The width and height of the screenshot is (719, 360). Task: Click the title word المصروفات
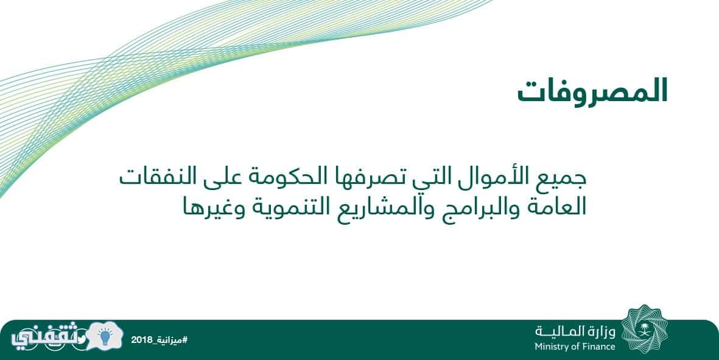pos(592,91)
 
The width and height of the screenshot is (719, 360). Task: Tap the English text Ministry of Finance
pos(575,347)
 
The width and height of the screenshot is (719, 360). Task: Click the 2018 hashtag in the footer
pos(160,340)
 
